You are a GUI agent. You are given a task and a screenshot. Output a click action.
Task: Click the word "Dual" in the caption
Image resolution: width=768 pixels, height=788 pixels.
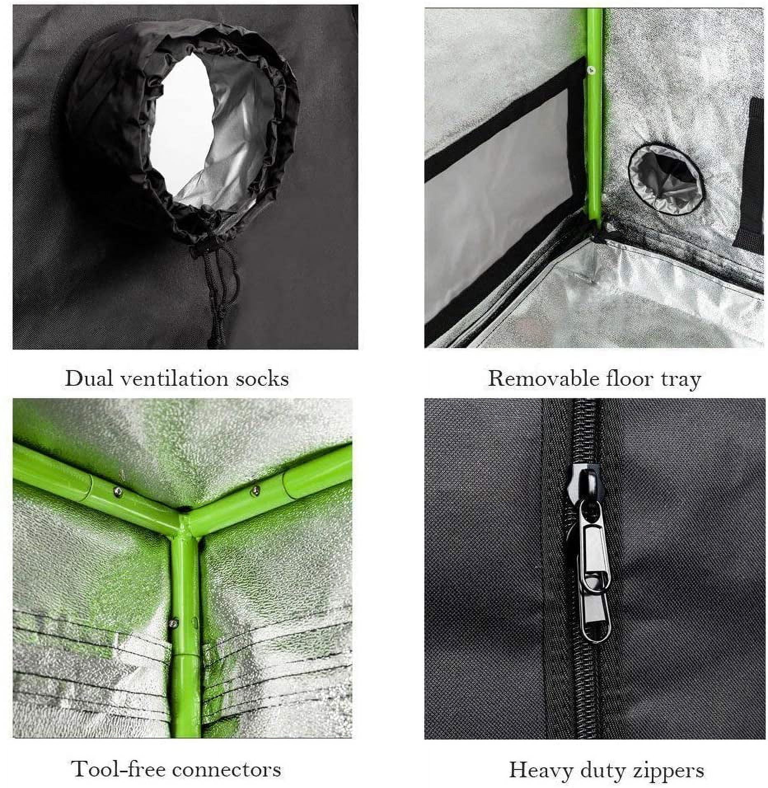[x=89, y=378]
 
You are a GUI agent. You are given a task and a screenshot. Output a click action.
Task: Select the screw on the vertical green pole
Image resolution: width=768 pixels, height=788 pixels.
[x=174, y=632]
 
